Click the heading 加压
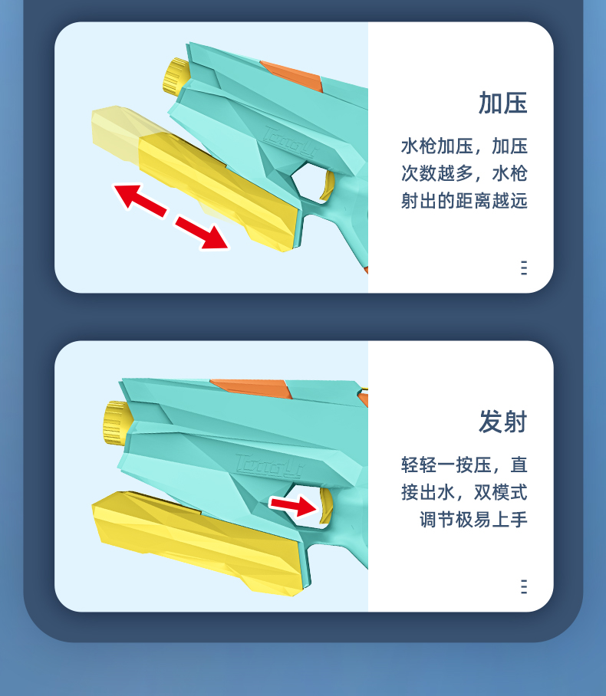pyautogui.click(x=502, y=103)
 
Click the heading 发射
pyautogui.click(x=502, y=422)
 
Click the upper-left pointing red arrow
pyautogui.click(x=140, y=200)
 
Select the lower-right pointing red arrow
pyautogui.click(x=203, y=232)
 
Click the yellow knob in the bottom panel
pyautogui.click(x=117, y=422)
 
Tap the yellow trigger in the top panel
pyautogui.click(x=328, y=186)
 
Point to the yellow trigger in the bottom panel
pyautogui.click(x=327, y=505)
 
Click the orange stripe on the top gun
pyautogui.click(x=292, y=75)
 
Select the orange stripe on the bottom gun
pyautogui.click(x=252, y=389)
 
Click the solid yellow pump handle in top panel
pyautogui.click(x=218, y=192)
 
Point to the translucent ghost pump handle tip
pyautogui.click(x=116, y=131)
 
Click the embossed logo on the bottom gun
pyautogui.click(x=269, y=465)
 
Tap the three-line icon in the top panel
pyautogui.click(x=524, y=268)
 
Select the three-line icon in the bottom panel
pyautogui.click(x=524, y=586)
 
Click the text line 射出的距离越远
pyautogui.click(x=464, y=201)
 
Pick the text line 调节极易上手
pyautogui.click(x=473, y=520)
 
